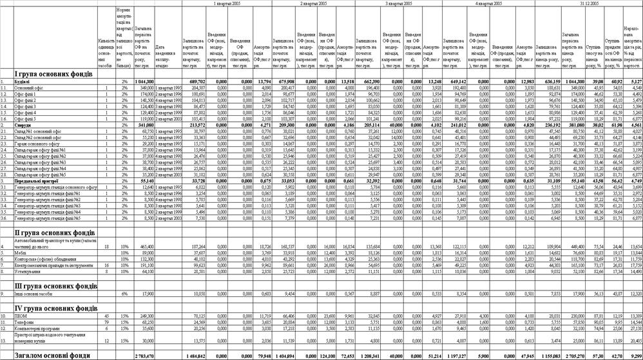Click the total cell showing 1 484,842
(x=193, y=355)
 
